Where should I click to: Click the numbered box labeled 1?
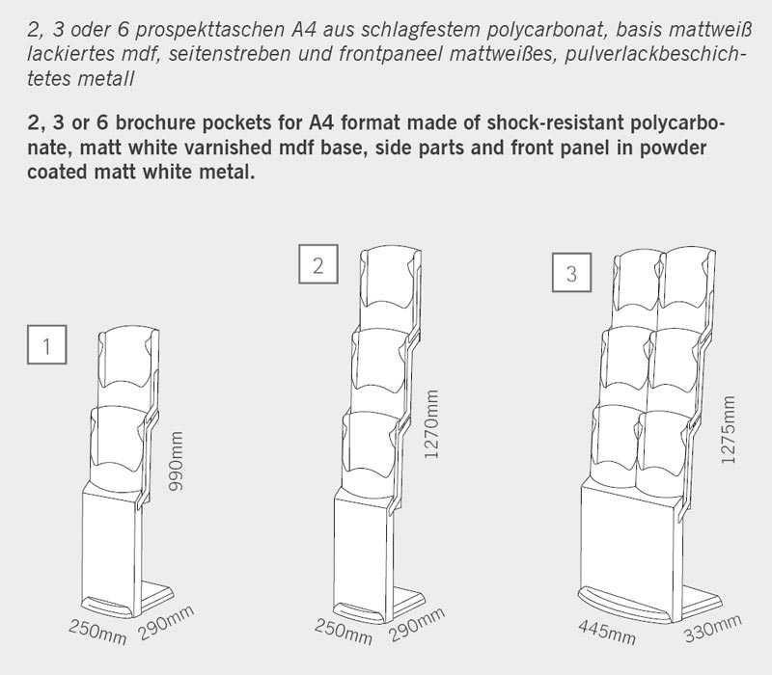(x=47, y=344)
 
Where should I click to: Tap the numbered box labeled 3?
(x=571, y=273)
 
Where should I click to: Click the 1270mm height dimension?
(x=431, y=424)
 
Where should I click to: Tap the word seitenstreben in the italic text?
(x=226, y=56)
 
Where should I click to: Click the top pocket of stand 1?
(x=124, y=362)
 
